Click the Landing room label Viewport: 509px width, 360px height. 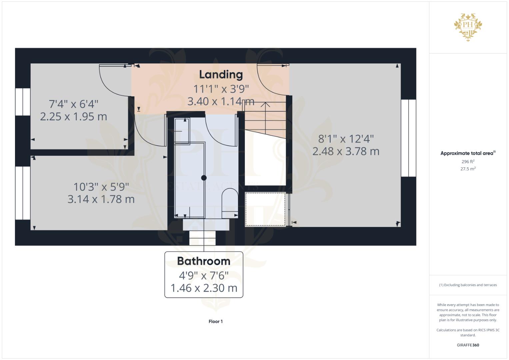[221, 75]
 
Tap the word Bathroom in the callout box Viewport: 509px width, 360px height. [204, 261]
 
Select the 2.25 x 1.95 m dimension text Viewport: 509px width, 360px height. [73, 117]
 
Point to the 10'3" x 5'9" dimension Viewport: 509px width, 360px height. [101, 187]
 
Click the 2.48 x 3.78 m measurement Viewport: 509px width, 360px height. [346, 151]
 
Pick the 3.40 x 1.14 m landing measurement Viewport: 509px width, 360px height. [221, 101]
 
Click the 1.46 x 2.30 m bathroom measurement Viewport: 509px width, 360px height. [204, 288]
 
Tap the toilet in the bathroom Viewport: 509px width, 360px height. [230, 203]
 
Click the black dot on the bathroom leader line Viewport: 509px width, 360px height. [204, 178]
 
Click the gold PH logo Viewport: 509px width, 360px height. [468, 27]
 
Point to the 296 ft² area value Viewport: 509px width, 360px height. [468, 161]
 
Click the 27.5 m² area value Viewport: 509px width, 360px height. [468, 169]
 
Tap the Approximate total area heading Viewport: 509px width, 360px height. [468, 153]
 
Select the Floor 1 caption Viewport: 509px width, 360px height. [216, 321]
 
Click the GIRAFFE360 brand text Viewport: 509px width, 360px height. [468, 345]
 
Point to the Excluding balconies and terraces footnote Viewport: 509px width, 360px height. [468, 285]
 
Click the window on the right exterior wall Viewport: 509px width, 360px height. [409, 138]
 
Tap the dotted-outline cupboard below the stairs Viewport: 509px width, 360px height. [265, 209]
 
